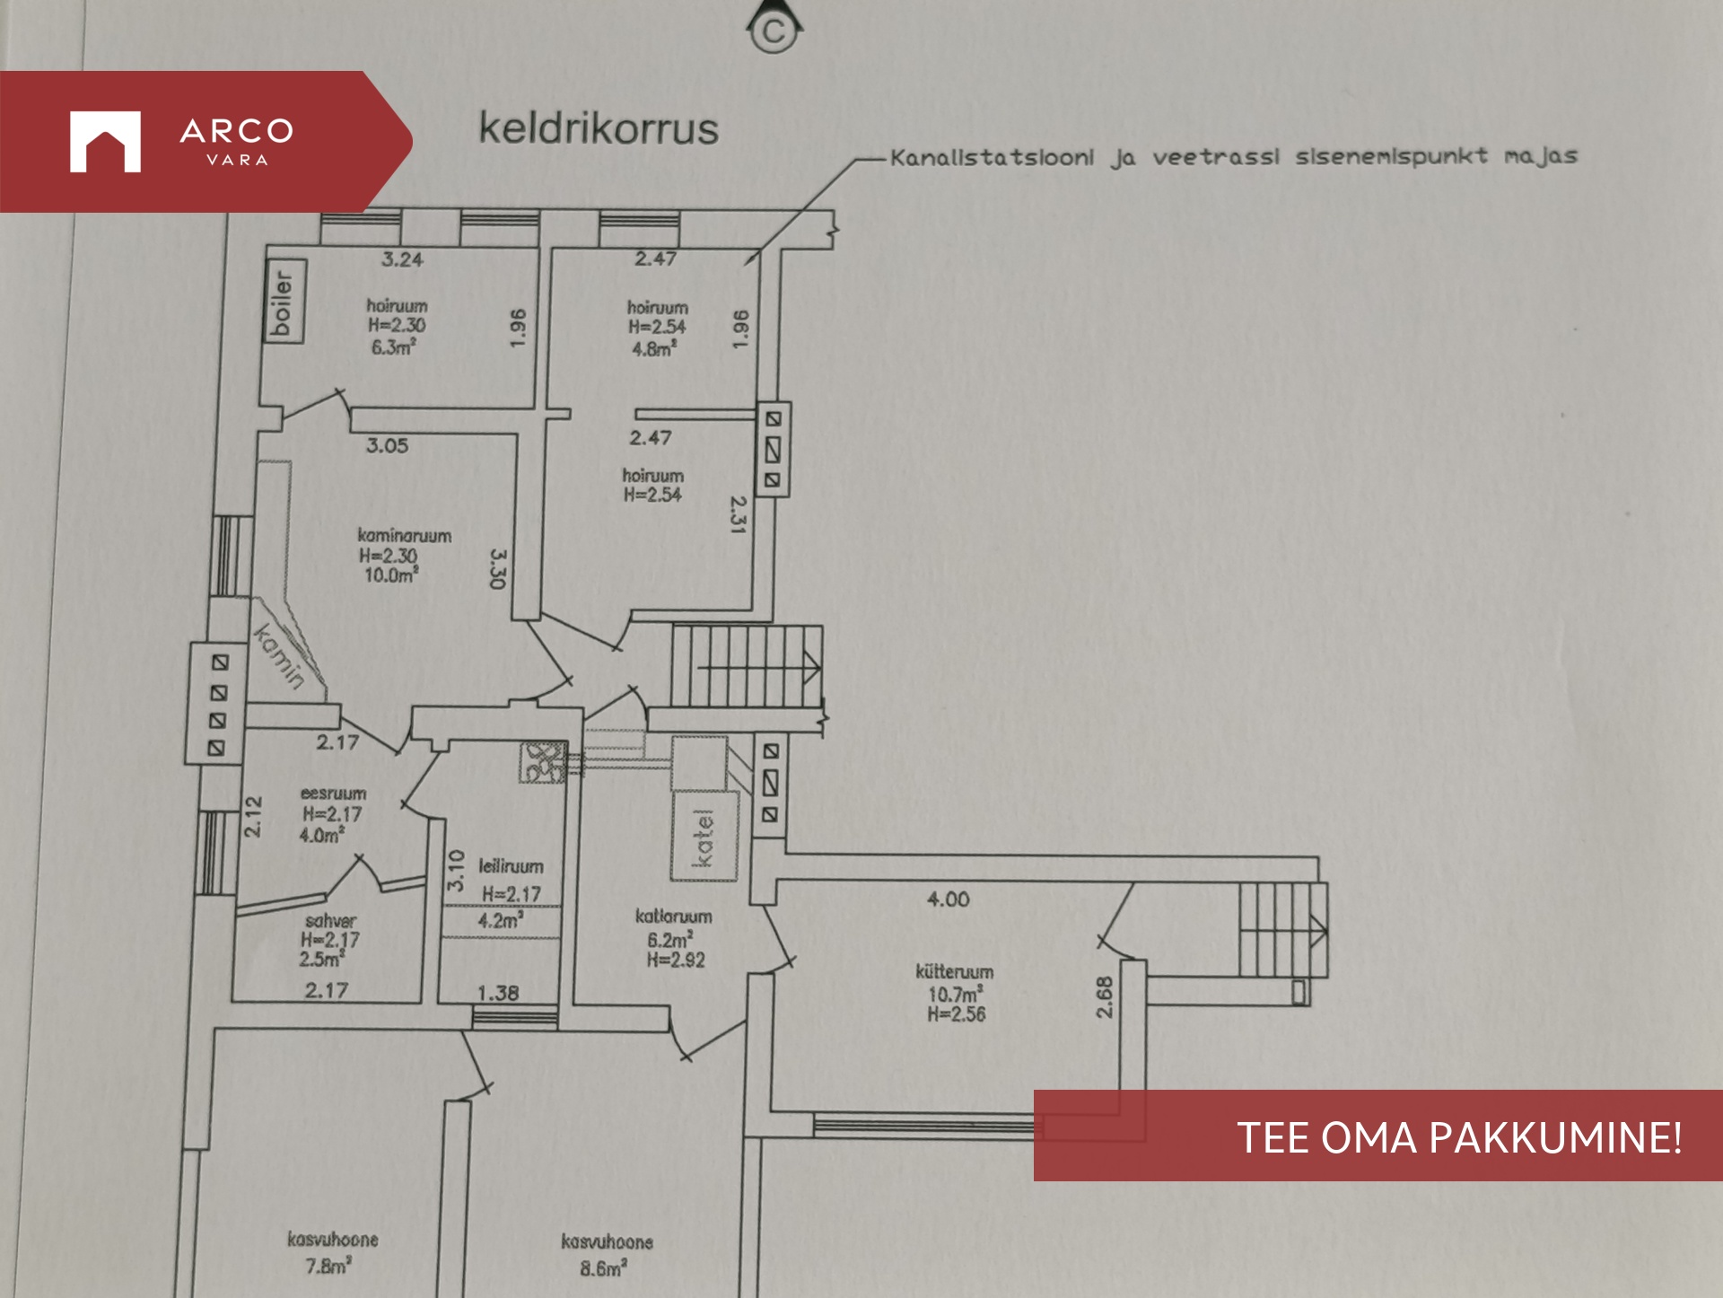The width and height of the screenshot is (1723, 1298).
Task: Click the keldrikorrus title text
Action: tap(599, 128)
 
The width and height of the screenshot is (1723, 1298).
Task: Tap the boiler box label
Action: tap(283, 302)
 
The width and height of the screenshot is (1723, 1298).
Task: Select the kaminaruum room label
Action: tap(405, 536)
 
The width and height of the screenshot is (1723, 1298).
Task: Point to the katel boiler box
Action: tap(704, 836)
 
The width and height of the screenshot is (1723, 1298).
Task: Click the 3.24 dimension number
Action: tap(402, 260)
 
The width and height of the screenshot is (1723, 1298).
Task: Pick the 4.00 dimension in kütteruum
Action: tap(949, 899)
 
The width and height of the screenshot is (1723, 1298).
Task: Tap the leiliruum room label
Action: tap(511, 866)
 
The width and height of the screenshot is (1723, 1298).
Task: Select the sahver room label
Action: tap(330, 921)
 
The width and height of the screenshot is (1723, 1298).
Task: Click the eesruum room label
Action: tap(333, 794)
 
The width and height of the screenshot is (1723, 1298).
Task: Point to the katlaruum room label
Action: tap(674, 916)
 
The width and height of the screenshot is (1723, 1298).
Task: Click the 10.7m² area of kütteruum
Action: tap(956, 994)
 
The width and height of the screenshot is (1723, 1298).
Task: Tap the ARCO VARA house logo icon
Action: tap(105, 141)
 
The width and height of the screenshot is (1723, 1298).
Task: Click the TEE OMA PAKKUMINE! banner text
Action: tap(1459, 1137)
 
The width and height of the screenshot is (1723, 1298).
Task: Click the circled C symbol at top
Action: tap(773, 32)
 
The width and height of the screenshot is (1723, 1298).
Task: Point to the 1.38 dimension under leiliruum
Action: tap(498, 993)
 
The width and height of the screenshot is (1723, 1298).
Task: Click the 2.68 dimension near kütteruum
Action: tap(1105, 996)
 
